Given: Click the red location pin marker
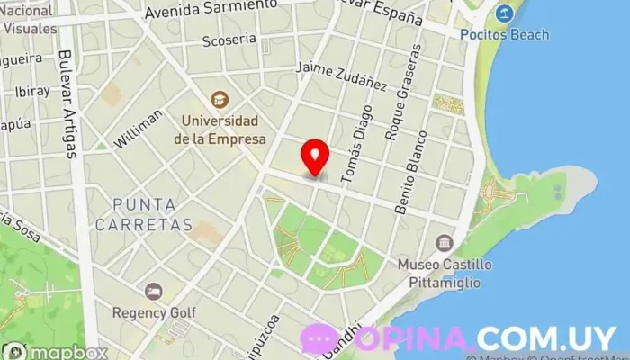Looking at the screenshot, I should pos(314,157).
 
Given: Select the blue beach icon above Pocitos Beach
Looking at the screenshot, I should pos(502,13).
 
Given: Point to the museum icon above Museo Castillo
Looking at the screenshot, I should pos(443,243).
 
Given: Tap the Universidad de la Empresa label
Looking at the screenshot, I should pos(220,130).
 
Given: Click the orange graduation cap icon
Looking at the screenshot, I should pos(218,98).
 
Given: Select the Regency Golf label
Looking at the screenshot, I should pos(154,313).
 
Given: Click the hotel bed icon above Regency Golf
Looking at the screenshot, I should pos(154,291).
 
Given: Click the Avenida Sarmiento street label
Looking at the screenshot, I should pos(211,9).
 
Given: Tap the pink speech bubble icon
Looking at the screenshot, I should pos(319,338).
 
